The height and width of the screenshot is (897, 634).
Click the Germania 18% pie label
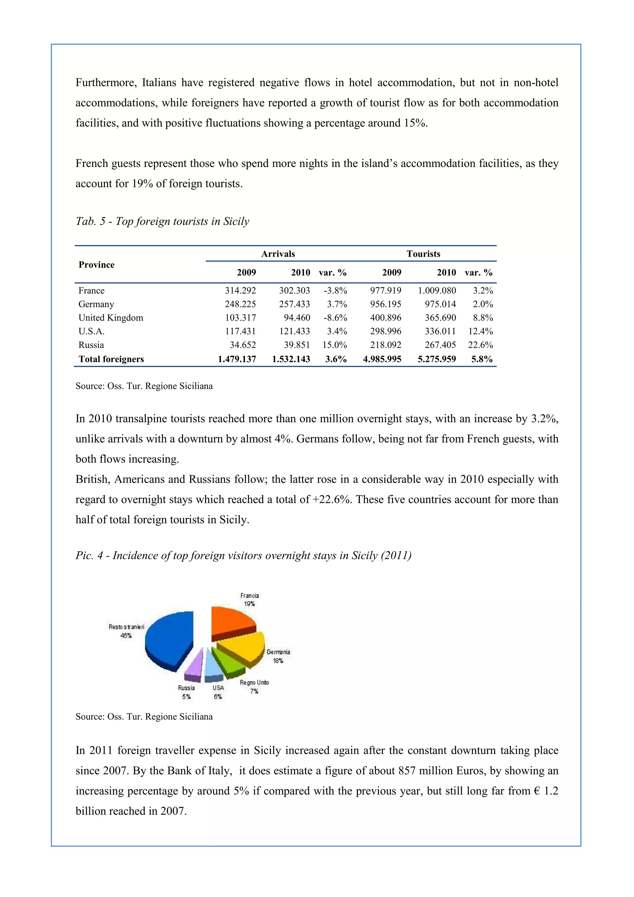(278, 656)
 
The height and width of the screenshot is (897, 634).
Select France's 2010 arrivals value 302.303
(294, 291)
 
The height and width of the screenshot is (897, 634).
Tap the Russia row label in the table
(91, 345)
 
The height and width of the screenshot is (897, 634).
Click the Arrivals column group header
(278, 254)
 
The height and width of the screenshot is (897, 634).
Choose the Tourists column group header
(423, 254)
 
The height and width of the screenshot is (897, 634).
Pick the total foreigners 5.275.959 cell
(436, 359)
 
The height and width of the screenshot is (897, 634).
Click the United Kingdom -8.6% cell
(335, 317)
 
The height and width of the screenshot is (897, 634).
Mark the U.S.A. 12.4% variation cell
(480, 331)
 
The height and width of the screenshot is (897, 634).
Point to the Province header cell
(96, 265)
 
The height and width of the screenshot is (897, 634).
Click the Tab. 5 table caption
(162, 221)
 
